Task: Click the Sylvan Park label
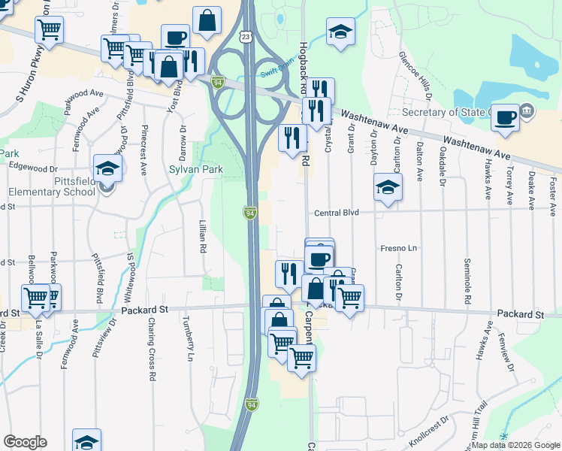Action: coord(195,171)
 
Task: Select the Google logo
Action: coord(25,441)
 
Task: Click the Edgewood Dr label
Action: coord(33,169)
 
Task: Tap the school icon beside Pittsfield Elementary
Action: coord(107,169)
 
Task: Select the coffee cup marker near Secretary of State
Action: coord(506,117)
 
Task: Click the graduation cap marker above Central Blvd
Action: coord(388,187)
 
